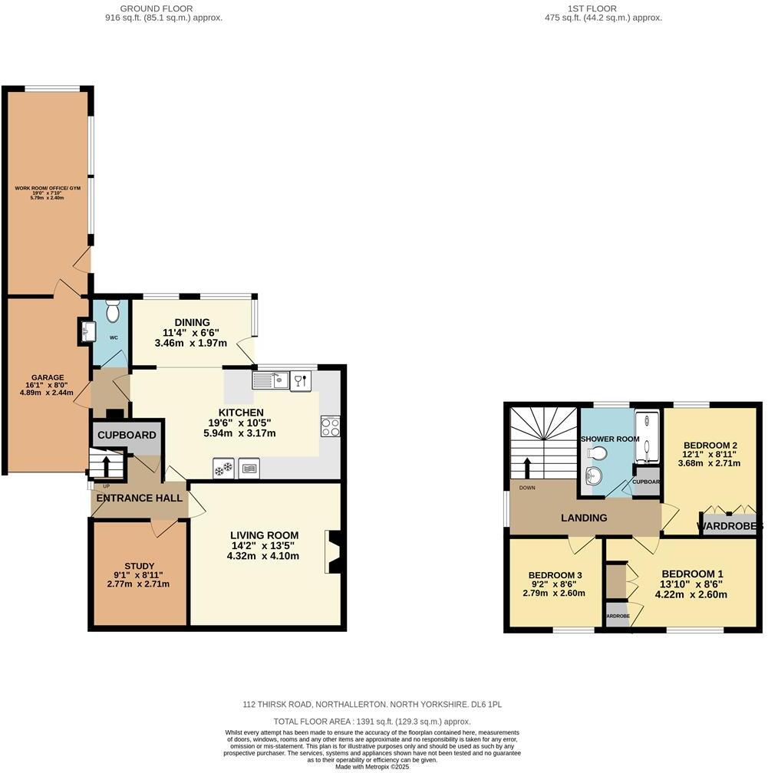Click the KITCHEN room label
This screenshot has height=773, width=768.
click(240, 413)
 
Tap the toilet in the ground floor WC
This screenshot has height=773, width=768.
click(112, 312)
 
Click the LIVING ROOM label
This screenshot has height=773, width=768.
click(264, 535)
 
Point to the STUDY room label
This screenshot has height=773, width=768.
click(139, 566)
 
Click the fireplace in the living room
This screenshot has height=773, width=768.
click(334, 551)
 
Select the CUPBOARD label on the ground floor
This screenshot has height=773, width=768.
click(127, 435)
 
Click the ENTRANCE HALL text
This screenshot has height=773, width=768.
click(139, 498)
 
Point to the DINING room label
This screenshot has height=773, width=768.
click(191, 322)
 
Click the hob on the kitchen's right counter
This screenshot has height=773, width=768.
click(331, 426)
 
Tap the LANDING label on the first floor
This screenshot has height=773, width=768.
click(584, 518)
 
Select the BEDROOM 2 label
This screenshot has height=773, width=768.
click(710, 446)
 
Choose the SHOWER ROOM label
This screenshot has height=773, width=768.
click(610, 439)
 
